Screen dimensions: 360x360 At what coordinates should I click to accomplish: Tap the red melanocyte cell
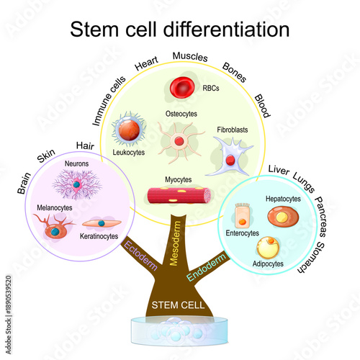point(55,229)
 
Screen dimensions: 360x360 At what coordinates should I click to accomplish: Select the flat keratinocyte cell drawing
point(98,223)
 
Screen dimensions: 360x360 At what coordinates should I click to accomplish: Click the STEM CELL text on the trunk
point(177,305)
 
